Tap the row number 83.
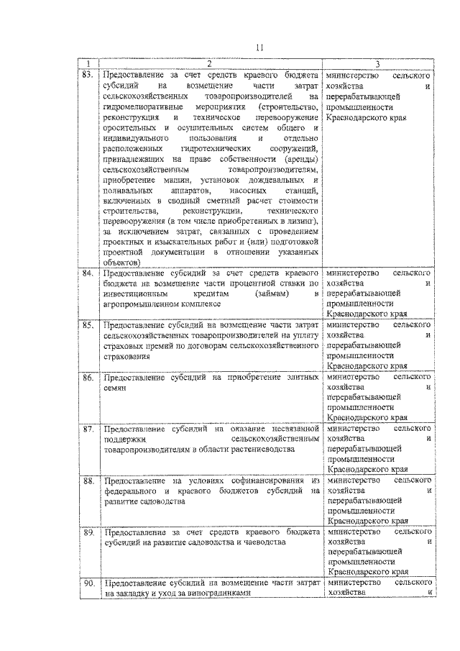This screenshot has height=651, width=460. click(x=88, y=74)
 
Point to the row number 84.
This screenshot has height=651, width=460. click(x=88, y=274)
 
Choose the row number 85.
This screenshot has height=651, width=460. click(x=88, y=326)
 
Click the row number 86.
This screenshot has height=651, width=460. click(x=88, y=377)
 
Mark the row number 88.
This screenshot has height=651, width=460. click(x=88, y=480)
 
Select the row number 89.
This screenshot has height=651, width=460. click(x=88, y=532)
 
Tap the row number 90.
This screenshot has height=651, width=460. click(x=88, y=583)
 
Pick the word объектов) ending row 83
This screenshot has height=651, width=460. click(x=122, y=263)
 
